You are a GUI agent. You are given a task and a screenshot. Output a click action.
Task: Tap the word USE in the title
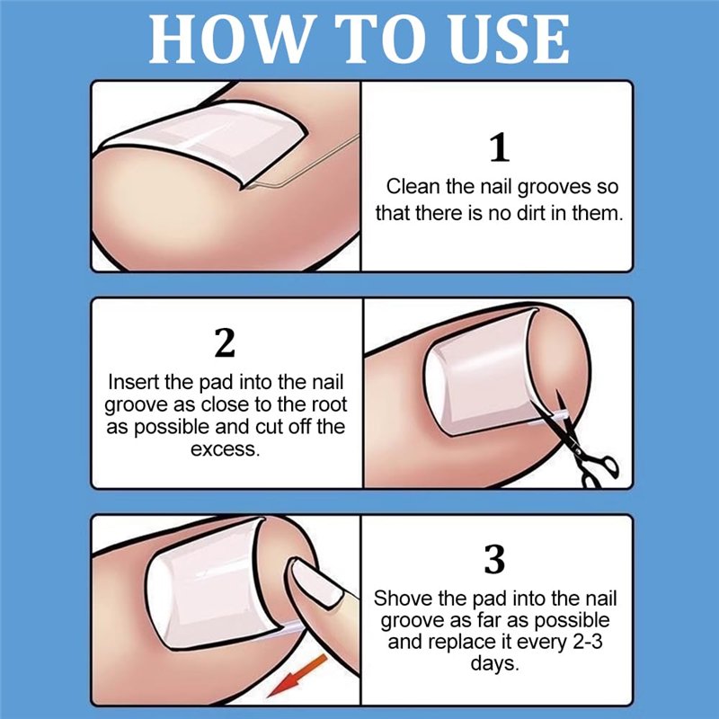tap(509, 39)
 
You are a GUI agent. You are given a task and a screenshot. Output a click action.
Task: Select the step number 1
tap(500, 147)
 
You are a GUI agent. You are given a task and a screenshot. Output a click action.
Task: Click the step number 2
tap(225, 342)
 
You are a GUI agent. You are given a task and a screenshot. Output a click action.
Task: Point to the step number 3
tap(494, 559)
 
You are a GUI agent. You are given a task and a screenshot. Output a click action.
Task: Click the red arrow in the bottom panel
tap(297, 676)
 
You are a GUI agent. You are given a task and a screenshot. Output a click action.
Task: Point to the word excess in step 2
tap(226, 449)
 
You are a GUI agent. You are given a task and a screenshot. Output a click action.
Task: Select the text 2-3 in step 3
tap(588, 642)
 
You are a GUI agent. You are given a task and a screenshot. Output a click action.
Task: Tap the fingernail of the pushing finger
tap(318, 582)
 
